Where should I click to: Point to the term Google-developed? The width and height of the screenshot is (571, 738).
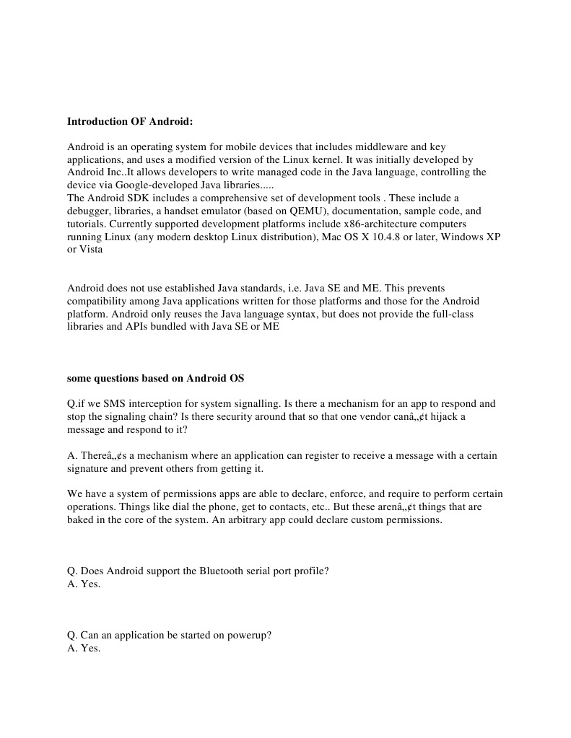click(153, 185)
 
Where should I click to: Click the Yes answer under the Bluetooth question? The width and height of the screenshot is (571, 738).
click(91, 584)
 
